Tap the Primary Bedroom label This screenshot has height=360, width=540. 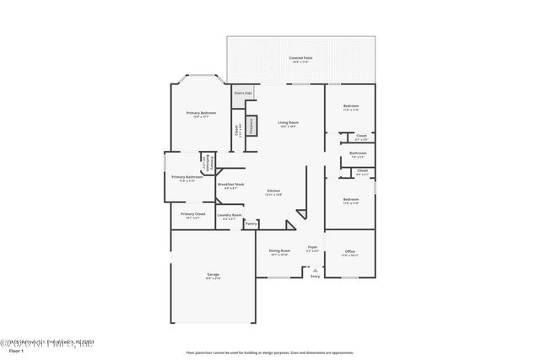(x=201, y=114)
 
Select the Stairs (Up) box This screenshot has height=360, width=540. (x=244, y=94)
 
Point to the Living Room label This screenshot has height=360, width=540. (x=289, y=124)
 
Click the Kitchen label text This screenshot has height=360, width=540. (x=273, y=191)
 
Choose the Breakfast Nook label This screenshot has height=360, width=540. (x=230, y=185)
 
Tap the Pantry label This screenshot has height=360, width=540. (x=251, y=223)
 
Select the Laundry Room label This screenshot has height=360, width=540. (x=229, y=216)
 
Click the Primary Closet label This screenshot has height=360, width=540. (x=193, y=214)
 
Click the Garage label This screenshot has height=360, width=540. (x=213, y=276)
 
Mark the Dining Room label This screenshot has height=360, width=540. (x=280, y=251)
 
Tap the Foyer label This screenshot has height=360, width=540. (x=312, y=248)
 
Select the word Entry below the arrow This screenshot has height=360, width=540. (x=316, y=277)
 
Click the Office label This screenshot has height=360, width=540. (x=350, y=252)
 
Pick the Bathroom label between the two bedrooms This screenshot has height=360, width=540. (x=358, y=154)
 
